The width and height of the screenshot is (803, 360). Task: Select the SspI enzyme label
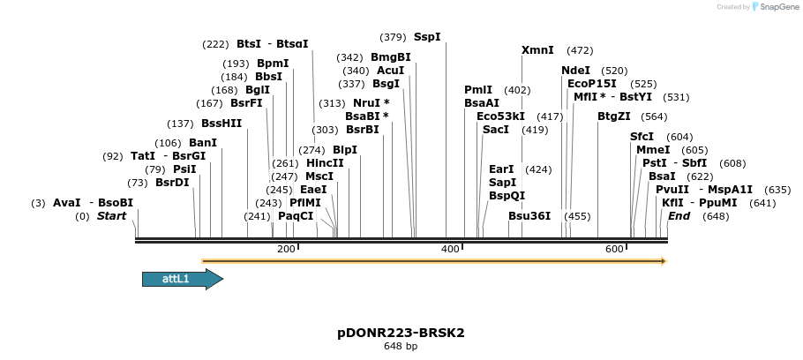point(427,37)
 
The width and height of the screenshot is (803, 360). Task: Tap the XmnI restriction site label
point(537,50)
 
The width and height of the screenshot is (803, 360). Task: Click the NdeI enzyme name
point(575,71)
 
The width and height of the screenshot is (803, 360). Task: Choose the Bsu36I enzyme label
point(529,216)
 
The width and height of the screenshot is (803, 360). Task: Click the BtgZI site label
point(614,116)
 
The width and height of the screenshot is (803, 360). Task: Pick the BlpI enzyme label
point(345,150)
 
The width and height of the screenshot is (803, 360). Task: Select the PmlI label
point(478,90)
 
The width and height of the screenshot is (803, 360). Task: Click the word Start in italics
point(112,216)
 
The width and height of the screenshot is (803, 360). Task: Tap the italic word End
point(679,216)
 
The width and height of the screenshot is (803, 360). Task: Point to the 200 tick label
point(286,250)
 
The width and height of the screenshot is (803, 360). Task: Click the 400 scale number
point(450,250)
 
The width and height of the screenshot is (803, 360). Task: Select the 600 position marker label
point(614,250)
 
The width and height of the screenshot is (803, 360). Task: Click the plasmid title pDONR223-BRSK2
point(401,333)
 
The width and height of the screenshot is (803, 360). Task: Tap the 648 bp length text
point(401,346)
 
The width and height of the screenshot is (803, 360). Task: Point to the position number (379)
point(393,37)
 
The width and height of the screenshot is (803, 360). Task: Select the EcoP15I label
point(592,84)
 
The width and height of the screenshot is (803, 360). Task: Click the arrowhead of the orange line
point(663,261)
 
